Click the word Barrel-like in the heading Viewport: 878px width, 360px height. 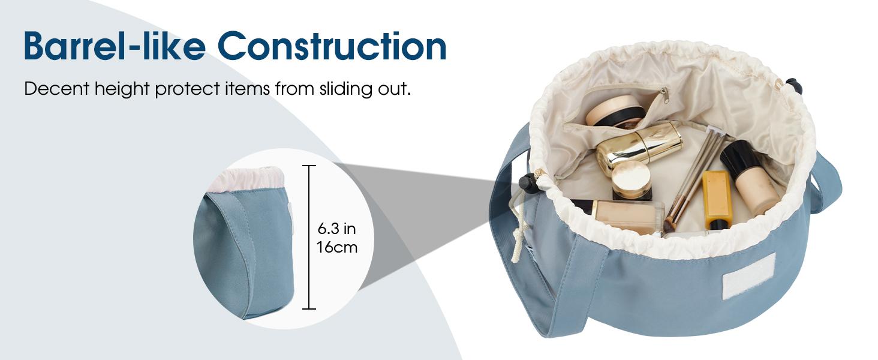click(115, 46)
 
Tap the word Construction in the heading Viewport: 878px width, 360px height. click(332, 46)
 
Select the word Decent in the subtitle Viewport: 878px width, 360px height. click(57, 89)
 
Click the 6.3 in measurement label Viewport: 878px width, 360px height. click(336, 228)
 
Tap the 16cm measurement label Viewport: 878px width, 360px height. click(336, 247)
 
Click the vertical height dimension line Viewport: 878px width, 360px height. click(309, 237)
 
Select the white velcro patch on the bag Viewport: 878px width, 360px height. click(749, 275)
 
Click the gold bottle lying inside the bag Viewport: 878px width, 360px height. click(639, 146)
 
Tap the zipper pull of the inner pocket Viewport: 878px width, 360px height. click(664, 95)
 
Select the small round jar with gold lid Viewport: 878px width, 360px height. click(632, 181)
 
